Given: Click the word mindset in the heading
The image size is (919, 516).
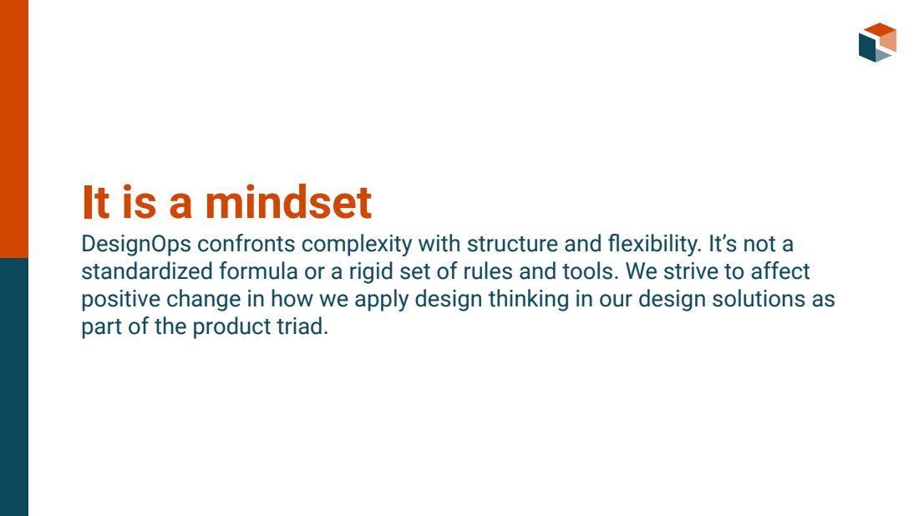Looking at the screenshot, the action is (x=287, y=202).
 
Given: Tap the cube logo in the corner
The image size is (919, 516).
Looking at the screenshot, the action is (x=877, y=43).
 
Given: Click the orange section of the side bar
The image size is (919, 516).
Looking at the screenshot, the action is (x=14, y=129).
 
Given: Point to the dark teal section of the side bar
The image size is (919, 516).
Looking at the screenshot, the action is (x=14, y=387).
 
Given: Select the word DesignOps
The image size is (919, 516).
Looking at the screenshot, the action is (x=136, y=245).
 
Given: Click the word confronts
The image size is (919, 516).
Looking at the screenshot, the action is (x=246, y=244).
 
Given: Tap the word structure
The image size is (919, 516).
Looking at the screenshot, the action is (x=512, y=244).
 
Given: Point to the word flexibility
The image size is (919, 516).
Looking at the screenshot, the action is (x=654, y=245).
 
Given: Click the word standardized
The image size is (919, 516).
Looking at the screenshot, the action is (x=146, y=271).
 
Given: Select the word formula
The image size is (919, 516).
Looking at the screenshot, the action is (x=258, y=271).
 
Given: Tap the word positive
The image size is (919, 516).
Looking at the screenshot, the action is (x=120, y=299).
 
